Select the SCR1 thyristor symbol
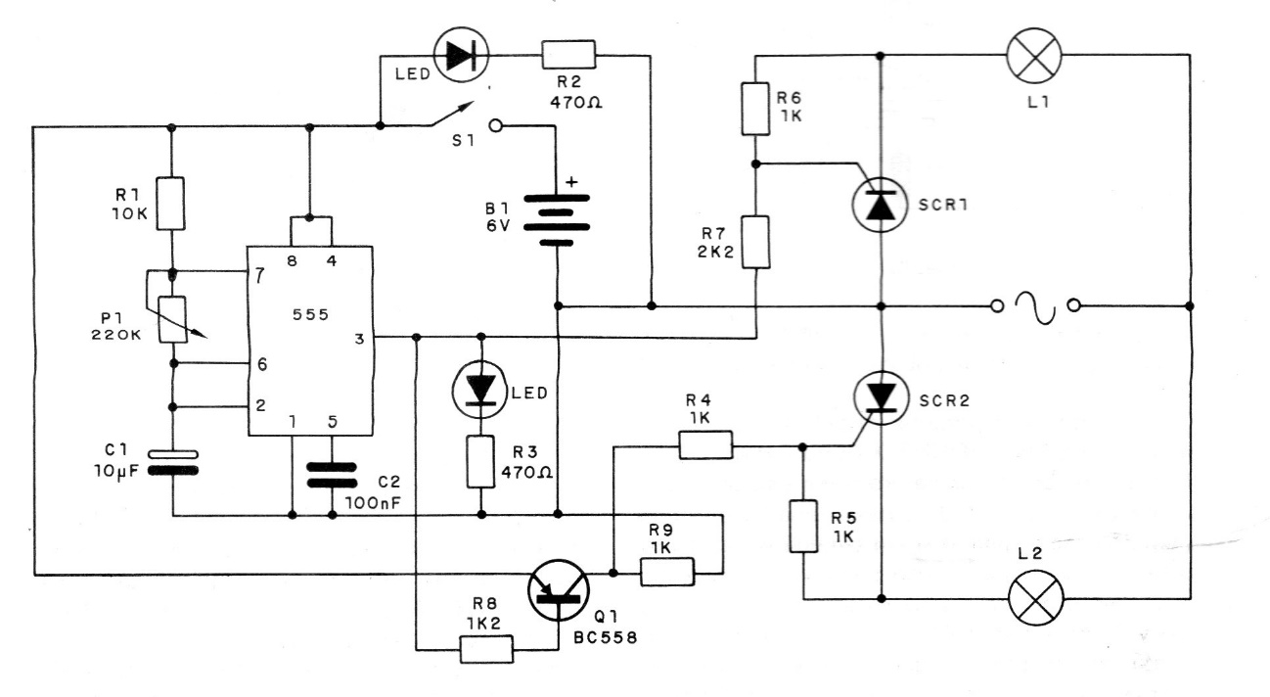click(882, 207)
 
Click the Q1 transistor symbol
click(559, 587)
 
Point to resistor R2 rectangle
click(567, 55)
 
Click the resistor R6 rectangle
click(755, 108)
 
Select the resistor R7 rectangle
click(755, 242)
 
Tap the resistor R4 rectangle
click(704, 447)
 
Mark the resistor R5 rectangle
click(802, 527)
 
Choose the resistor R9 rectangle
click(666, 572)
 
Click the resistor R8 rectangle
click(485, 648)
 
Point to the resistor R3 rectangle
click(480, 463)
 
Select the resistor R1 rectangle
click(172, 203)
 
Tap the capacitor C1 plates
click(172, 462)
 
